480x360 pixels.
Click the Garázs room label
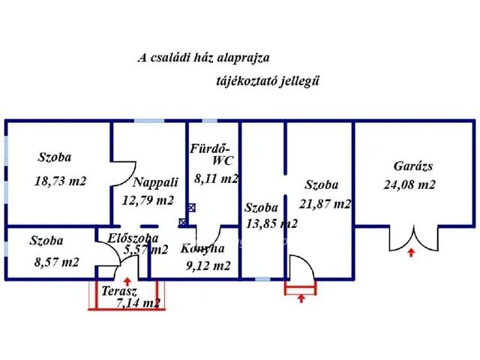[x=414, y=166]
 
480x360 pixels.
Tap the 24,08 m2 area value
[x=409, y=184]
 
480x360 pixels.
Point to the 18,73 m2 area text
[x=61, y=181]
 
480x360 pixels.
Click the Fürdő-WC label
[x=214, y=154]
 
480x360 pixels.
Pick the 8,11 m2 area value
[x=216, y=178]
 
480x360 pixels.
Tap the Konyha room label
[x=202, y=249]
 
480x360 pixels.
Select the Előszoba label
[x=133, y=238]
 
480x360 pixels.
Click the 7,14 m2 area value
[x=139, y=303]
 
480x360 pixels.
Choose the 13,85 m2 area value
[x=271, y=223]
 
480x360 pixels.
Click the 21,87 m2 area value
[x=325, y=204]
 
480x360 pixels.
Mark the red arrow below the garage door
[x=410, y=253]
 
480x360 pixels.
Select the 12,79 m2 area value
[x=148, y=200]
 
